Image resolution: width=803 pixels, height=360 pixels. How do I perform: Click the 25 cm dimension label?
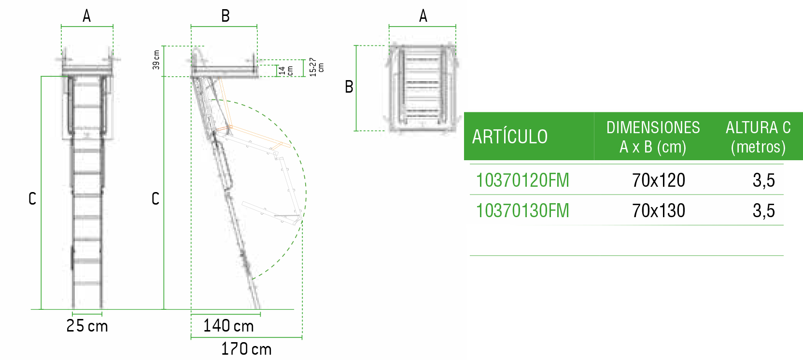pos(87,326)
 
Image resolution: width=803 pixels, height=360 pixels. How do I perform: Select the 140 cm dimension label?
pos(228,326)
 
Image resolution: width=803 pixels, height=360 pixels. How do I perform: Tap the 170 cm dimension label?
pos(246,349)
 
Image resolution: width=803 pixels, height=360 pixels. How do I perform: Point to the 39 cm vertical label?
pos(156,60)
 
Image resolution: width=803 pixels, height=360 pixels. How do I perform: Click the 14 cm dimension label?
pos(285,71)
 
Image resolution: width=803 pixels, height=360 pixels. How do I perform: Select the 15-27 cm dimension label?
pos(316,67)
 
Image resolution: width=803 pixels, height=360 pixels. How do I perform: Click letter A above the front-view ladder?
pos(86,16)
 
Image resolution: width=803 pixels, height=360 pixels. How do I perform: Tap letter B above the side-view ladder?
pos(225,16)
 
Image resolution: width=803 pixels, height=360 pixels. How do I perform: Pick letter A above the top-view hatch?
pos(423,16)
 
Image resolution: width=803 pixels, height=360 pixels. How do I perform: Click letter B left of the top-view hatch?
pos(349,87)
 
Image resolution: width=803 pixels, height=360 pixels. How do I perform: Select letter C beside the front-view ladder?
pos(32,198)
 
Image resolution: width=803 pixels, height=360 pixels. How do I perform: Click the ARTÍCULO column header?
pos(510,137)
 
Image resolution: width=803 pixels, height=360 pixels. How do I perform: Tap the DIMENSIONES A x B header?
pos(653,137)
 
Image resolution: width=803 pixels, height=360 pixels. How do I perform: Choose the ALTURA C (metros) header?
pos(758,137)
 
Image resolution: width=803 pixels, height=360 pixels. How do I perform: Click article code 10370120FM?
pos(522,180)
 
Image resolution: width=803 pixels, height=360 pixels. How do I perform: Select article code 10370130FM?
pos(522,210)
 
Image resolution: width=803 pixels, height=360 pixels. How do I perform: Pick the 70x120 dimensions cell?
pos(659,180)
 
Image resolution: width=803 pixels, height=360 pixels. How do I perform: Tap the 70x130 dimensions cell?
pos(659,210)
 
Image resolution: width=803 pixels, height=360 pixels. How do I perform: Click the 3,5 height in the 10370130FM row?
pos(763,210)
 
